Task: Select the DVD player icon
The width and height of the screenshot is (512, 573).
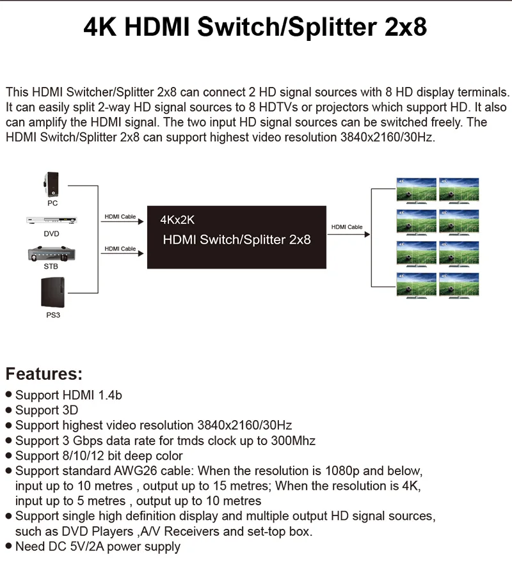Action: [x=51, y=221]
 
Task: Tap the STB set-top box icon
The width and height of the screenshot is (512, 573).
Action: [x=51, y=253]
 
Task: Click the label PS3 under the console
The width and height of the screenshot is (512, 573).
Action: [x=52, y=315]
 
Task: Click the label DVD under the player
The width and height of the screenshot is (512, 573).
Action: [x=51, y=233]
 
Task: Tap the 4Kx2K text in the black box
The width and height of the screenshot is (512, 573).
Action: [x=177, y=220]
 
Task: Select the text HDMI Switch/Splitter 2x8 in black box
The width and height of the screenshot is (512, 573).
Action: [x=237, y=240]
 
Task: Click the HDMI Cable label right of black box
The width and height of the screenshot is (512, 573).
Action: [x=347, y=227]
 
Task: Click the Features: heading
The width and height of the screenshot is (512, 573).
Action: [x=44, y=374]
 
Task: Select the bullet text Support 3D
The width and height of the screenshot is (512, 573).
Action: [x=47, y=410]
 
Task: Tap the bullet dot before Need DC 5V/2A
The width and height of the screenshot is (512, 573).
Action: [x=8, y=547]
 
